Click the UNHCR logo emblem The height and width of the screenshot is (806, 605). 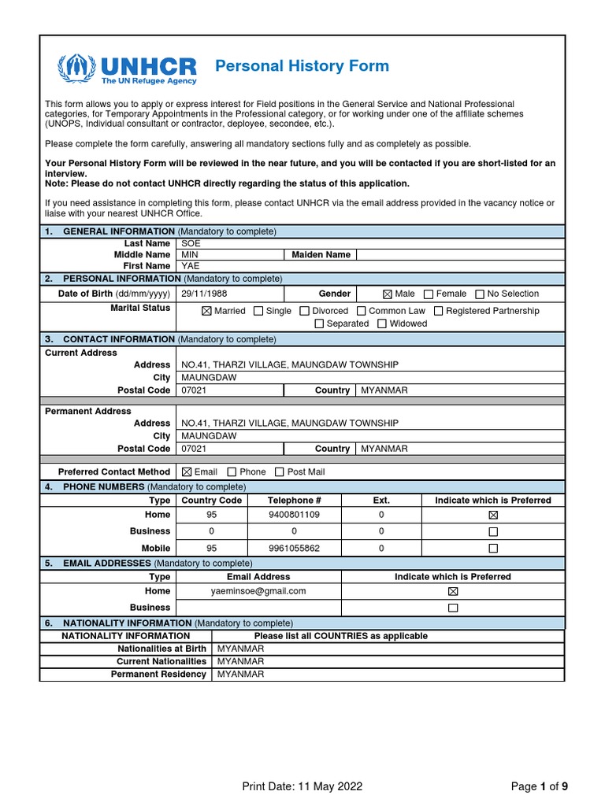coord(77,68)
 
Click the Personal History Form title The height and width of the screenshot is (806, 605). coord(302,65)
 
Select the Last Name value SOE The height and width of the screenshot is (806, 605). coord(191,244)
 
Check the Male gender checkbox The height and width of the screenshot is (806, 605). coord(387,294)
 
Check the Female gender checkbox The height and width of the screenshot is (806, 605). coord(429,294)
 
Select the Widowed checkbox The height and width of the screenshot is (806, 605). coord(382,324)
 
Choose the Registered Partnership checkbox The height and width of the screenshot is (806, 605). coord(439,311)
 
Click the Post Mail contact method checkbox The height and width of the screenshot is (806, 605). coord(280,472)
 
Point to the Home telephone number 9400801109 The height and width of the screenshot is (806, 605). coord(294,515)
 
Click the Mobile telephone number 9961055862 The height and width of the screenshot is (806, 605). coord(294,548)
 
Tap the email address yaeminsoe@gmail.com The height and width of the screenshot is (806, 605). coord(258,591)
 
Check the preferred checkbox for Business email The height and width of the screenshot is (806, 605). coord(452,608)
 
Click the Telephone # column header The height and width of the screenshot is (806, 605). coord(294,501)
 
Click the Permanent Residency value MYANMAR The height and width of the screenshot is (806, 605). coord(240,675)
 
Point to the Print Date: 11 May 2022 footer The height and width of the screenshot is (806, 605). coord(302,786)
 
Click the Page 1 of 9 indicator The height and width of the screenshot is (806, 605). coord(539,786)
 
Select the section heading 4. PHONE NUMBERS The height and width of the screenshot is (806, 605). coord(109,488)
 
